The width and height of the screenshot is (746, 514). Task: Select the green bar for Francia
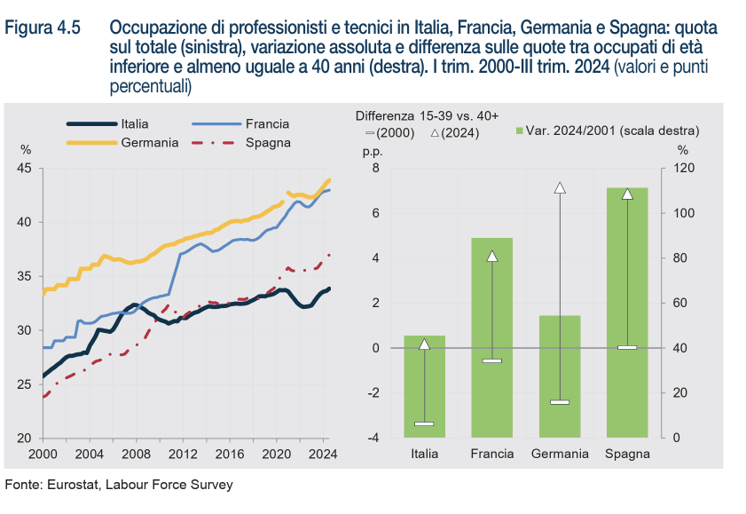[492, 337]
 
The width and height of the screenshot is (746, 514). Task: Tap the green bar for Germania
[560, 376]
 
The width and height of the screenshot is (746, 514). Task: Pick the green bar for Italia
[425, 386]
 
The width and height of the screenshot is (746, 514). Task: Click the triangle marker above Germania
[560, 188]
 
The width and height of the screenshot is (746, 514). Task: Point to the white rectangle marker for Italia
[425, 423]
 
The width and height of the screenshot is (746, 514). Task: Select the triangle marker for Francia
[492, 257]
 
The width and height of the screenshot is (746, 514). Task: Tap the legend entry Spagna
[268, 142]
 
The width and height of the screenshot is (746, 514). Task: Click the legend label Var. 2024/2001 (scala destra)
[612, 130]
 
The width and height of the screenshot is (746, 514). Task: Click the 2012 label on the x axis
[183, 454]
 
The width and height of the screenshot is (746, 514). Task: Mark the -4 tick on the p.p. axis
[373, 438]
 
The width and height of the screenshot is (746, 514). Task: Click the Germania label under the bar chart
[560, 454]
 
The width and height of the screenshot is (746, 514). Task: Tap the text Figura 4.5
[43, 28]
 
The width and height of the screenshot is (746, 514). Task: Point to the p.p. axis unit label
[371, 151]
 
